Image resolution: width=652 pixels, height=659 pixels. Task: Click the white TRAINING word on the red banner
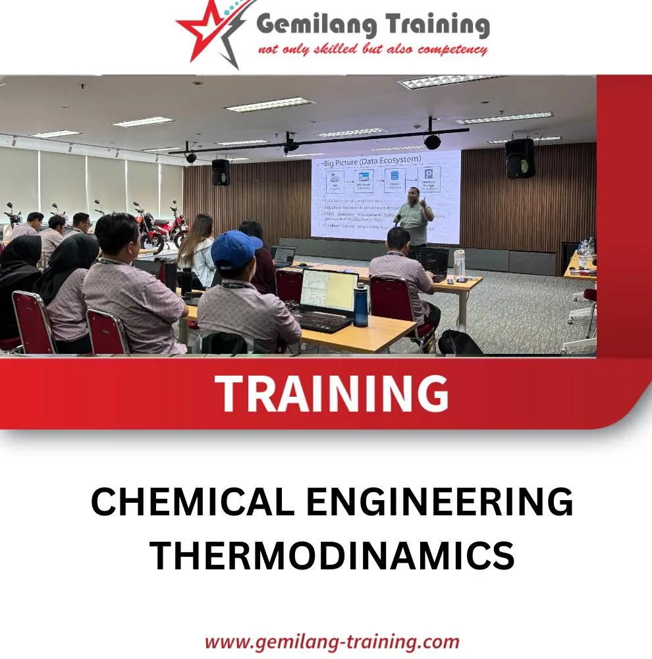click(x=331, y=394)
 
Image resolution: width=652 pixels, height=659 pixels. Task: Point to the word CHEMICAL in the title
click(x=192, y=503)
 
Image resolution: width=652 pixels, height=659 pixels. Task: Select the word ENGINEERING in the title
click(x=439, y=503)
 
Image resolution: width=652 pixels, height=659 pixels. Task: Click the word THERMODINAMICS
click(x=331, y=555)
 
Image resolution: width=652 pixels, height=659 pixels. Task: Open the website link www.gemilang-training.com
click(x=331, y=641)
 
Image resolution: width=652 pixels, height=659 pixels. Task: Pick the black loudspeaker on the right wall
click(x=520, y=158)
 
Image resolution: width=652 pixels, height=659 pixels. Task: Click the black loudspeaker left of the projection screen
click(x=221, y=173)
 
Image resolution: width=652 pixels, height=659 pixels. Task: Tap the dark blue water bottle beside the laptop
click(x=361, y=306)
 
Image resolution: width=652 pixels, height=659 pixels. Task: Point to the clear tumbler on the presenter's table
click(x=459, y=265)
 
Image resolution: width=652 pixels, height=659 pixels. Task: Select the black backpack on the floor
click(x=460, y=343)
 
